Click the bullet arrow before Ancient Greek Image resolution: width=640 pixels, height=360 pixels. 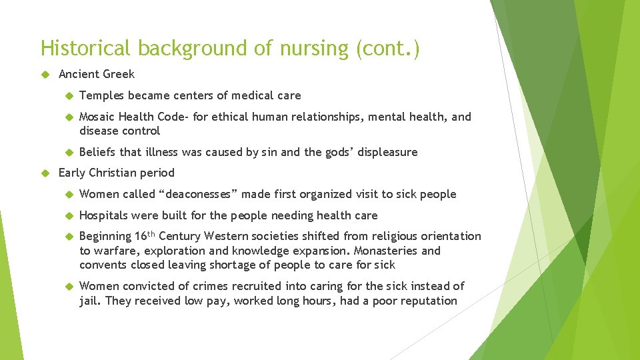[45, 74]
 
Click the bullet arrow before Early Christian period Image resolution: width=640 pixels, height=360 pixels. [45, 173]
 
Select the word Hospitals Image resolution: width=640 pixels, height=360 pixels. [104, 215]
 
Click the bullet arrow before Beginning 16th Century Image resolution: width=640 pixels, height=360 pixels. [68, 237]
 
